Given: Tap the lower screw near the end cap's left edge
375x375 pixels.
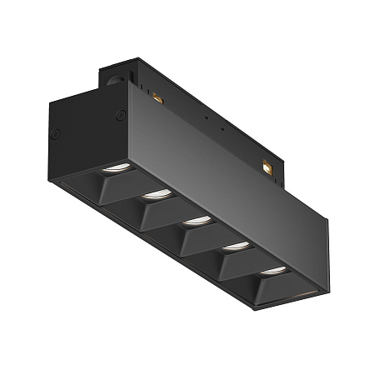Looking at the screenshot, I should coord(57,133).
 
